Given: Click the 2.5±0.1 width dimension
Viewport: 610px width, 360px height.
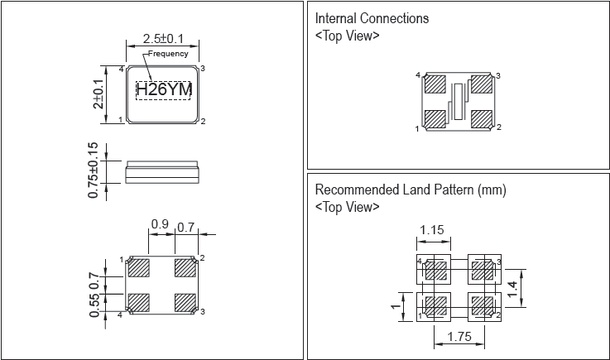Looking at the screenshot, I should [163, 39].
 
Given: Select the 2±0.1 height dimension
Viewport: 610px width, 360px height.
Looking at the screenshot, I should [98, 94].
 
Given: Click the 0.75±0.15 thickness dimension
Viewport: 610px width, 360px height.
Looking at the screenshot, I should [94, 171].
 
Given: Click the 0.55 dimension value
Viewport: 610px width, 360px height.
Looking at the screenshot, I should [94, 305].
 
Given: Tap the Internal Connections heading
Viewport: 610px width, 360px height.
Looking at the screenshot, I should [372, 18].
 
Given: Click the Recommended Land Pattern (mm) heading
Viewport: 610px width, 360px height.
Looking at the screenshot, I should [410, 190].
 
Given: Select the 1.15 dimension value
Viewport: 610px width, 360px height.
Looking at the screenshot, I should [434, 229].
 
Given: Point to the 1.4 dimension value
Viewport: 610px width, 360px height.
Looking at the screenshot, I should [514, 288].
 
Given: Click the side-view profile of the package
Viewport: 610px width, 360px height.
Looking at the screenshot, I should [162, 172].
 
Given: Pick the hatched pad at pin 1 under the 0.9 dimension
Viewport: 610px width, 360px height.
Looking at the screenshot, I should [137, 269].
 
